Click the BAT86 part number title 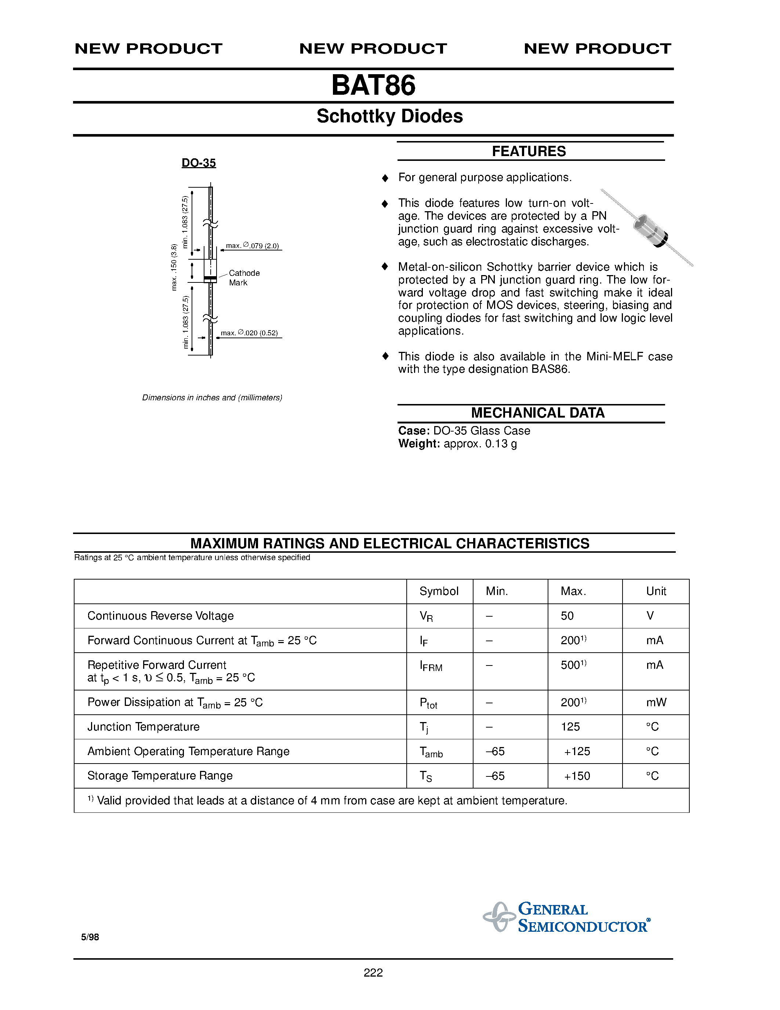[x=373, y=86]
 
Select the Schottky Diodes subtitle [x=389, y=116]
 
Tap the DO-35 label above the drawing [x=199, y=163]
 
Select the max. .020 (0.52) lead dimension [x=249, y=333]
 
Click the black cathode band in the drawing [x=210, y=278]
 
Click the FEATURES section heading [x=529, y=151]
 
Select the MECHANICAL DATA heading [x=537, y=412]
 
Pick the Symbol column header [x=439, y=591]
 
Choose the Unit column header [x=656, y=591]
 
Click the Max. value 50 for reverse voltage [x=567, y=616]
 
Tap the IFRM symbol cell [x=431, y=666]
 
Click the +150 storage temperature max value [x=577, y=776]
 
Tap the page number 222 [x=373, y=973]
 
